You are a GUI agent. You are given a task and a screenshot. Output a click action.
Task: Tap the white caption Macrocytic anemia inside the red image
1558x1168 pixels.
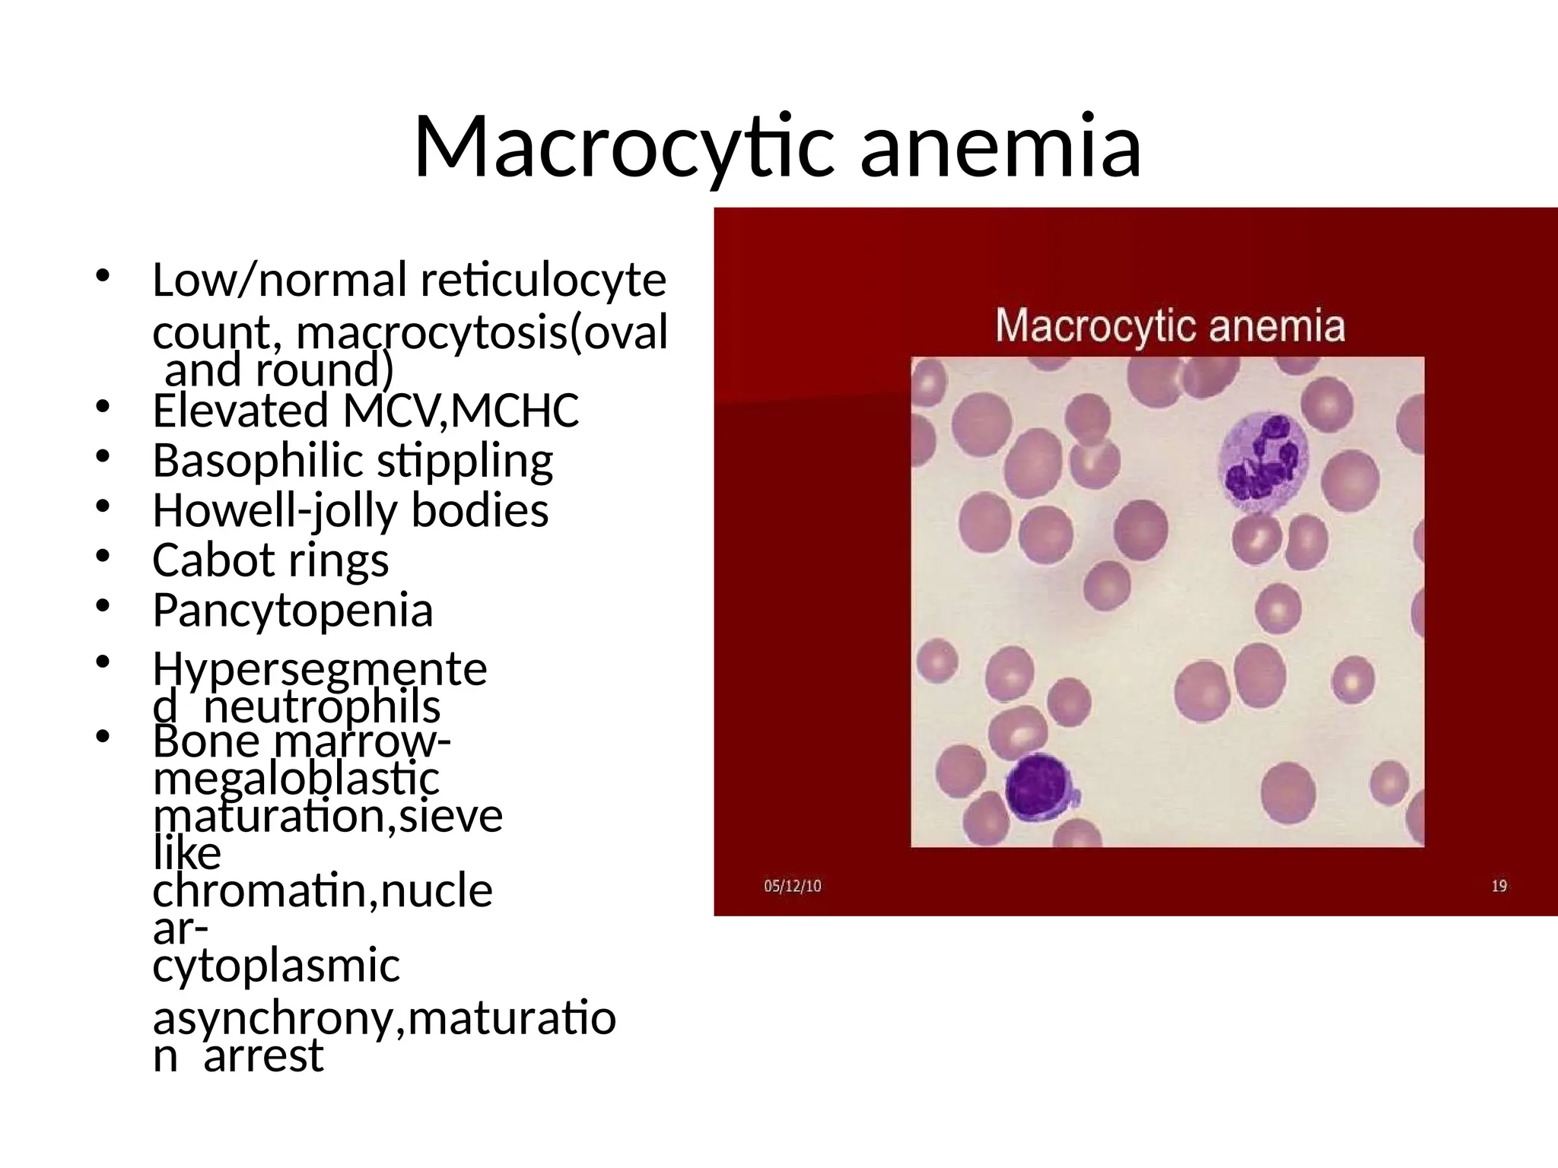[1169, 326]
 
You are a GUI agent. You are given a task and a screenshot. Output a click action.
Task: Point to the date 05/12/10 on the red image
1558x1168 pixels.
[792, 886]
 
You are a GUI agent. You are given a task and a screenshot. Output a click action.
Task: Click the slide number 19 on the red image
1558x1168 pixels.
[1499, 886]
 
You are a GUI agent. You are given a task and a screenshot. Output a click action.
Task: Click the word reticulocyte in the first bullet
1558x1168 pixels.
[543, 280]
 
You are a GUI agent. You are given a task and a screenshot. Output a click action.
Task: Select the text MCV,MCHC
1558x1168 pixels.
[461, 411]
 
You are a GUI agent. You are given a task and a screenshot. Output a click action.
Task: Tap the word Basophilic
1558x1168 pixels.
[258, 461]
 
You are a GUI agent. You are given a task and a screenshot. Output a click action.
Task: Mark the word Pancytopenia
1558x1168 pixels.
[293, 611]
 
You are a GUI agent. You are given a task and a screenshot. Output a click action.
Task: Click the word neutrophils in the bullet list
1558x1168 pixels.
[322, 707]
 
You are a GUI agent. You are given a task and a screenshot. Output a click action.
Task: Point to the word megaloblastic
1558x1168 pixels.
[296, 779]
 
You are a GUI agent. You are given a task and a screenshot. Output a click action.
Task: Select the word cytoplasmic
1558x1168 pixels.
[276, 966]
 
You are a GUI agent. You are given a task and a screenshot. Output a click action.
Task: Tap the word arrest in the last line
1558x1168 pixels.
[263, 1056]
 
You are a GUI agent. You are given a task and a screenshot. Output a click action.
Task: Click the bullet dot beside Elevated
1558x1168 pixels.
[103, 408]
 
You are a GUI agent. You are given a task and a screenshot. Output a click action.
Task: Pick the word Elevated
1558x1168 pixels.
[240, 411]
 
